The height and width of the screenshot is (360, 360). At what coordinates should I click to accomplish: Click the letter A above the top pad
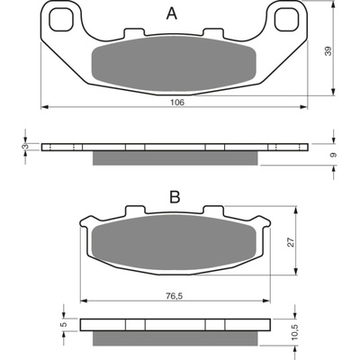tap(172, 13)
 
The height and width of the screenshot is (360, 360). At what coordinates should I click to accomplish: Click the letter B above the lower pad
tap(175, 197)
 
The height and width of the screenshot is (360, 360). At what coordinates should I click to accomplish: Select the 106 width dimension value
tap(177, 103)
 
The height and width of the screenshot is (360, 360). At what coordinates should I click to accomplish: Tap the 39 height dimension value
tap(328, 51)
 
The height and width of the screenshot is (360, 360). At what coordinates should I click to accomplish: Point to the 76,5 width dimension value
tap(174, 296)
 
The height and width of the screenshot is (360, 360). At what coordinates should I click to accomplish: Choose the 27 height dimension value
tap(291, 242)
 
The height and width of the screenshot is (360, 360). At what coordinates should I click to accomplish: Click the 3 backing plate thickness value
tap(26, 147)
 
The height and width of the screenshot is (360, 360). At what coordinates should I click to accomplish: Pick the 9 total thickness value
tap(333, 155)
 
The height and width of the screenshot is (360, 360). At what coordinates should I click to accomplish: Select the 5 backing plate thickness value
tap(63, 324)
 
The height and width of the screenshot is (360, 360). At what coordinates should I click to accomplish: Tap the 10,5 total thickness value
tap(295, 331)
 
